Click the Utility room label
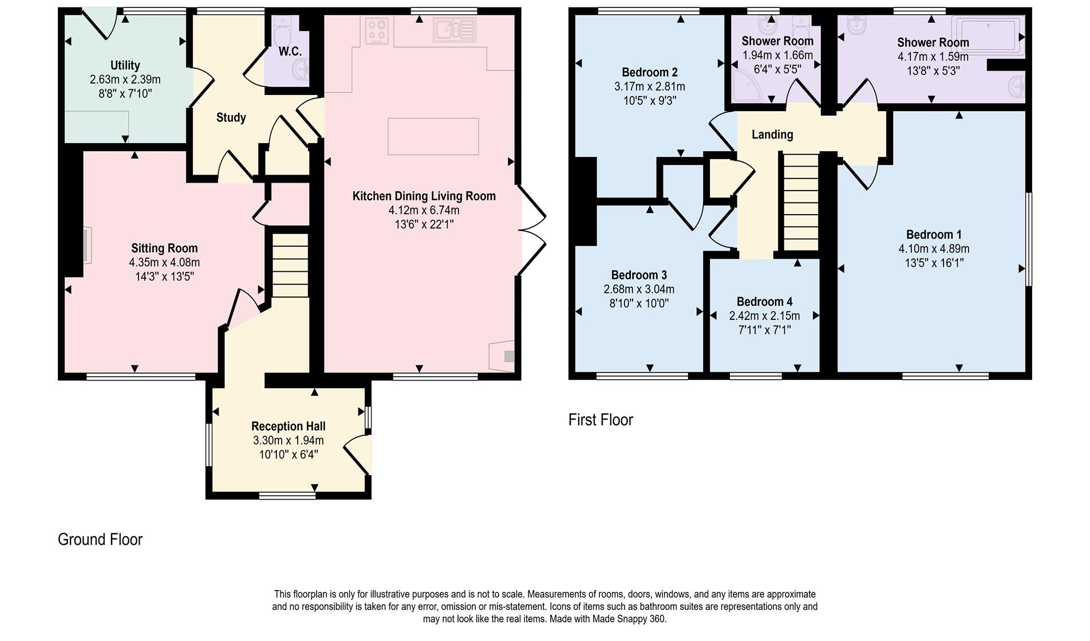125,65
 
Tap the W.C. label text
290,52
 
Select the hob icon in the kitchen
377,31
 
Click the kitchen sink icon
455,30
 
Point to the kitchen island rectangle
433,136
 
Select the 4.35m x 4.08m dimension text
164,263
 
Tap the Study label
231,117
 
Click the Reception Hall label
288,426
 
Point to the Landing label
772,134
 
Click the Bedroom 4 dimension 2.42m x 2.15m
764,316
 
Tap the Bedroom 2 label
649,72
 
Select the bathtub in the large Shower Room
987,35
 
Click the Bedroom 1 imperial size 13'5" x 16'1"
934,263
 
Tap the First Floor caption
601,420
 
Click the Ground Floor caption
100,540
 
